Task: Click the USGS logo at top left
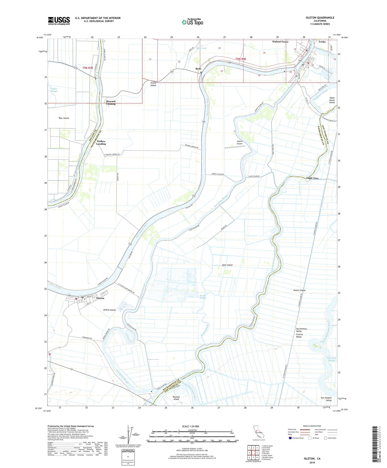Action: (59, 21)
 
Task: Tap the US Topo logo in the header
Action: (192, 22)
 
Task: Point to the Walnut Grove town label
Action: (280, 42)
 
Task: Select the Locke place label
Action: (322, 42)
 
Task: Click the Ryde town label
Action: (198, 69)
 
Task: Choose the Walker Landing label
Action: (101, 143)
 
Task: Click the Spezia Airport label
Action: (239, 142)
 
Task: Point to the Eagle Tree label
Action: (312, 178)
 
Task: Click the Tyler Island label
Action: (227, 265)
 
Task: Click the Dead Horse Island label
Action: (332, 100)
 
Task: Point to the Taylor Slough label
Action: (54, 90)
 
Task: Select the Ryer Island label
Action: (64, 118)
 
